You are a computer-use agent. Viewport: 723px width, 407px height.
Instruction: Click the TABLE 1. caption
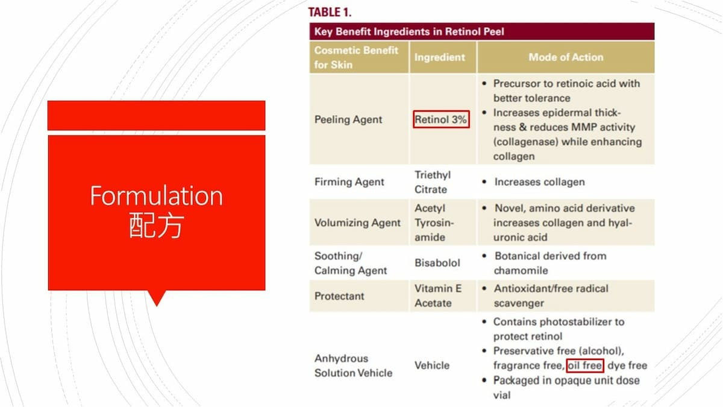click(x=330, y=12)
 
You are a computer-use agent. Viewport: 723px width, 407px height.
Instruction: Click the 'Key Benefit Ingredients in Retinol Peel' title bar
click(x=482, y=31)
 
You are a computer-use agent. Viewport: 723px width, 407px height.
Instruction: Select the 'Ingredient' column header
click(x=440, y=57)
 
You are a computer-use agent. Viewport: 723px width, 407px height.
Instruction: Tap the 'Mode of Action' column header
click(x=566, y=57)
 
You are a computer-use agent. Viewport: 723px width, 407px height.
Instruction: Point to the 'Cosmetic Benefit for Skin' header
click(x=356, y=57)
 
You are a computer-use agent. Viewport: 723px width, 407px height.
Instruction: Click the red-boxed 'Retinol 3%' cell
click(x=441, y=119)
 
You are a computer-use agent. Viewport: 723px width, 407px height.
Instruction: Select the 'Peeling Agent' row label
click(x=348, y=119)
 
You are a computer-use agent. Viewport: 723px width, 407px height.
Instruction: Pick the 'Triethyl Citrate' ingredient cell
click(x=433, y=182)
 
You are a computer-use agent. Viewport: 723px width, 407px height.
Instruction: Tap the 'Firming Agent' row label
click(x=349, y=182)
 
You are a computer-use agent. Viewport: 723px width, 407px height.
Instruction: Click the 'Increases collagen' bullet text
click(x=539, y=182)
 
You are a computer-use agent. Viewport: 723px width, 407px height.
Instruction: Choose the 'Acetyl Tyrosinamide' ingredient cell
click(x=434, y=222)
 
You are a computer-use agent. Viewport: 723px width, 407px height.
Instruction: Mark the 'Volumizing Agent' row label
click(x=357, y=222)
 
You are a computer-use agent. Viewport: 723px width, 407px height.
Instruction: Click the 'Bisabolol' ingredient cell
click(x=437, y=263)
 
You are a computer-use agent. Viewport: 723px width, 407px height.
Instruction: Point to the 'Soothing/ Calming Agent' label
click(x=351, y=263)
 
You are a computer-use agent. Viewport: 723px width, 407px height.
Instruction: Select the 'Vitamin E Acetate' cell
click(x=438, y=295)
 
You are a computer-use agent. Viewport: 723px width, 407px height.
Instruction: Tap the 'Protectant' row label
click(x=339, y=296)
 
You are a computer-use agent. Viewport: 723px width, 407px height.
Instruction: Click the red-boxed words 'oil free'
click(x=585, y=365)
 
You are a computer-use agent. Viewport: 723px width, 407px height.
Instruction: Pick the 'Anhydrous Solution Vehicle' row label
click(x=354, y=365)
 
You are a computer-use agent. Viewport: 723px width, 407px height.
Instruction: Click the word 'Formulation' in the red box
click(x=156, y=196)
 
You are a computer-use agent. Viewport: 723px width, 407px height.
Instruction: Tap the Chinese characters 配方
click(x=157, y=225)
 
